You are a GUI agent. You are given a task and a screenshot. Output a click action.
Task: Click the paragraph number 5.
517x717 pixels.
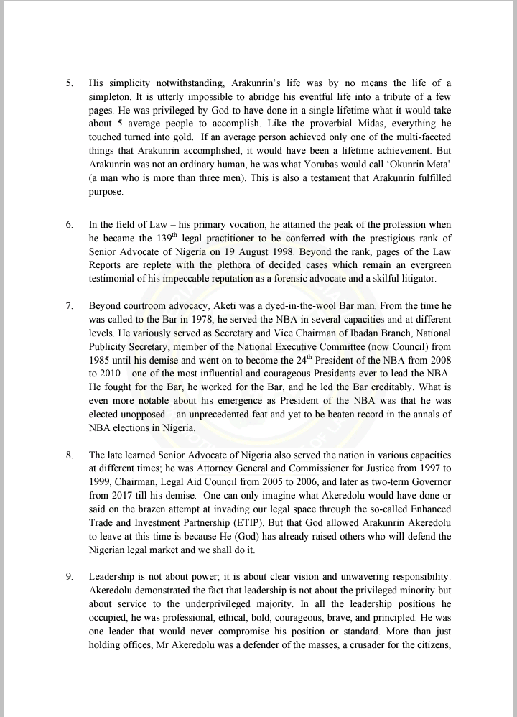tap(69, 83)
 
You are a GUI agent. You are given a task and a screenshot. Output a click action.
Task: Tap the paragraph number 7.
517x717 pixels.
tap(69, 305)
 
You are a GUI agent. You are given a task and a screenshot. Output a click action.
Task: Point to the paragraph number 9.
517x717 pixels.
tap(69, 577)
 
